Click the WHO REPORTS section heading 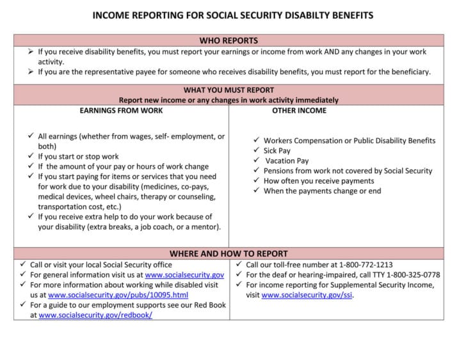tap(229, 40)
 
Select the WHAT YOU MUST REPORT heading tap(229, 90)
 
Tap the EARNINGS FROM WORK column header tap(121, 111)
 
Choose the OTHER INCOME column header tap(299, 111)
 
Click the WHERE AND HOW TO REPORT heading tap(229, 253)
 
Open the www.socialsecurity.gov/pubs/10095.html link tap(118, 295)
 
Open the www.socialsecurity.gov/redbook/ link tap(95, 315)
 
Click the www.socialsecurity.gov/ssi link tap(307, 295)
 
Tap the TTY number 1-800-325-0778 tap(408, 274)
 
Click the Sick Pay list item tap(277, 151)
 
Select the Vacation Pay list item tap(287, 161)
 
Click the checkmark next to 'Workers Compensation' tap(256, 141)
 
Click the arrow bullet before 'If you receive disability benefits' tap(31, 52)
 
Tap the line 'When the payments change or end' tap(322, 191)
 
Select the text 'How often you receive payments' tap(319, 181)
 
